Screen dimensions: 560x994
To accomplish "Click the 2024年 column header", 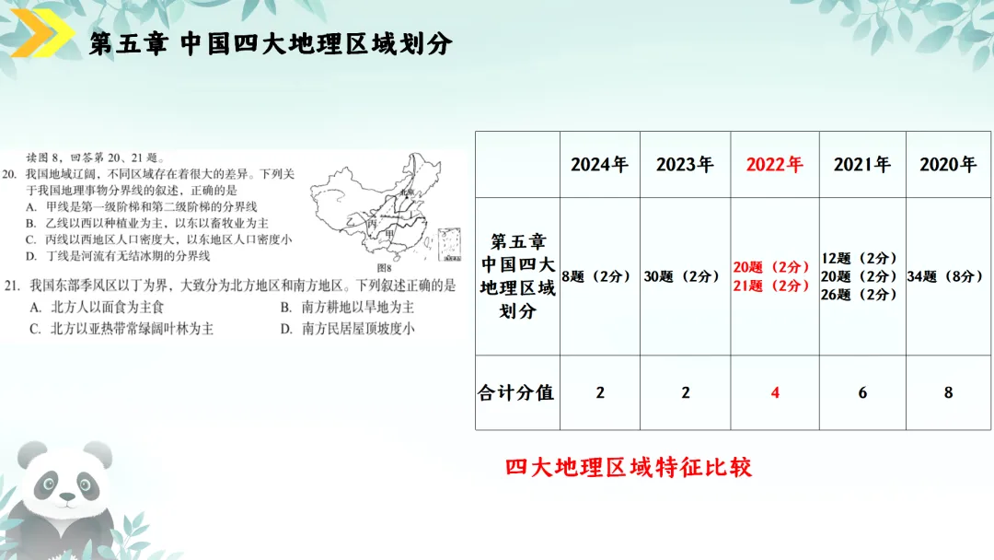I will coord(599,165).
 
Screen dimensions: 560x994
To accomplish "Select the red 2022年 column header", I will coord(774,165).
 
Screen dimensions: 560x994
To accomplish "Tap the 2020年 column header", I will coord(948,165).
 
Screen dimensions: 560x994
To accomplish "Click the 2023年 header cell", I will coord(685,165).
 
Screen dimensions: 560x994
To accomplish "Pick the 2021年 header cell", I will coord(862,165).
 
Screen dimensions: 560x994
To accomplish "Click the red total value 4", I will coord(775,392).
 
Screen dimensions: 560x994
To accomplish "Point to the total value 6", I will coord(862,392).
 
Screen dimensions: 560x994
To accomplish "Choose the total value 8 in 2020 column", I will coord(948,392).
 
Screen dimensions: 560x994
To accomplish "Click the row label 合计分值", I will coord(516,392).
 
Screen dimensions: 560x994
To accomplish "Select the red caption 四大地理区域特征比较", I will coord(629,467).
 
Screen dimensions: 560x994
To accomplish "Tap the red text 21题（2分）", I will coord(771,286).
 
